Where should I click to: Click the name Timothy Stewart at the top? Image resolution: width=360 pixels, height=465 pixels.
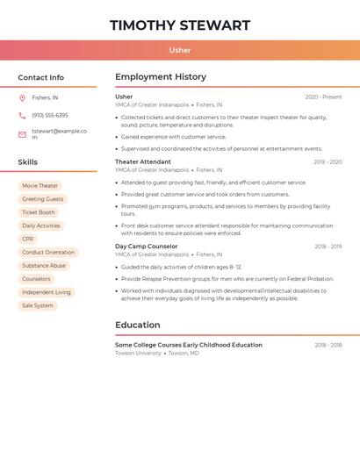coord(180,25)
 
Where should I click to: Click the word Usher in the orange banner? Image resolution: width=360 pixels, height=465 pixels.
coord(180,50)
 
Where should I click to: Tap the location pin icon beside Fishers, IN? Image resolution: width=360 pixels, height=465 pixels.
coord(22,97)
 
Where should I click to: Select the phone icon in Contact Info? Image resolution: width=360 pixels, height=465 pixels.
coord(22,116)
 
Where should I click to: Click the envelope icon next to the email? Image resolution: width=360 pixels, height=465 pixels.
coord(22,134)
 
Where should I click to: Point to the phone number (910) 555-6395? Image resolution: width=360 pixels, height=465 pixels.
coord(50,116)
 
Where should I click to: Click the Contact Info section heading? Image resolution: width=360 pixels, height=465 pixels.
coord(40,77)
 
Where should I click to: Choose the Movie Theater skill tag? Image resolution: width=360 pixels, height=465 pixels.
coord(40,186)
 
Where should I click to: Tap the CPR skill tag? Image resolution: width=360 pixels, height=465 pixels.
coord(28,239)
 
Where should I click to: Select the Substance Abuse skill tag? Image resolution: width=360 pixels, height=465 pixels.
coord(44,266)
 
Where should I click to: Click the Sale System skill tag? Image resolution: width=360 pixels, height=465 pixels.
coord(38,305)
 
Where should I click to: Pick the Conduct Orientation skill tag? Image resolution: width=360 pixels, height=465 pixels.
coord(48,253)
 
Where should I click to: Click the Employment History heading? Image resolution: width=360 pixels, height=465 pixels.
coord(161,77)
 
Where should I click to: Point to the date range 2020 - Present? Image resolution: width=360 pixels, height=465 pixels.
coord(323,97)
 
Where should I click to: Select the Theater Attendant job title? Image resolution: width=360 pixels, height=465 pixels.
coord(143,161)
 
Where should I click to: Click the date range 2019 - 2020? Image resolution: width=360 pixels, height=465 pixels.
coord(328,162)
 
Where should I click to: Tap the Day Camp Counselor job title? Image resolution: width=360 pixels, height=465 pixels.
coord(147,247)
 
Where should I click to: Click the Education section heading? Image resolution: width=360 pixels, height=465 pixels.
coord(138,325)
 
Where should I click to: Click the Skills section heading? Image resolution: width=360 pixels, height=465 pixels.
coord(28,162)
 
